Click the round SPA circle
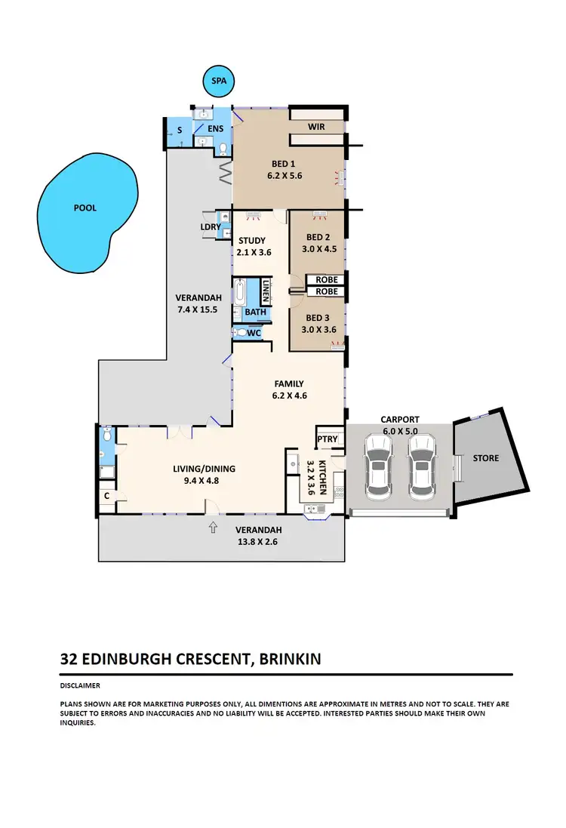click(x=220, y=81)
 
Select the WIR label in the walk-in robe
click(x=316, y=127)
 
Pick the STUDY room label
click(x=251, y=242)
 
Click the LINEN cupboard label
click(x=265, y=289)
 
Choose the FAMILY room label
click(x=289, y=383)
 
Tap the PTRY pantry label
click(x=328, y=439)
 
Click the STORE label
click(x=485, y=458)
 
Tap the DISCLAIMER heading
click(x=81, y=685)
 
